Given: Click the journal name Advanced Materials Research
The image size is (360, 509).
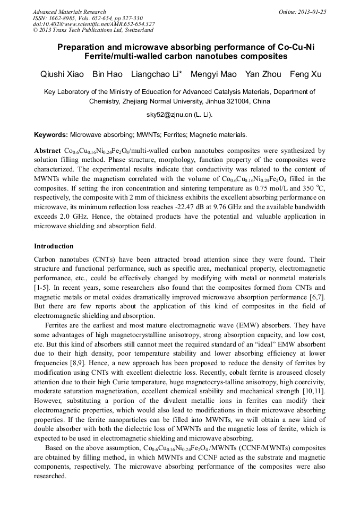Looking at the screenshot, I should [x=70, y=12].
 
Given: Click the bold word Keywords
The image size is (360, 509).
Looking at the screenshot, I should [x=50, y=135].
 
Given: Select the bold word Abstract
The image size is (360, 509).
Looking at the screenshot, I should [x=47, y=151].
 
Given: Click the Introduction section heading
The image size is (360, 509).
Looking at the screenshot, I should [x=54, y=246].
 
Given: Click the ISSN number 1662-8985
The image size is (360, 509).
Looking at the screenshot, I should [x=62, y=18].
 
